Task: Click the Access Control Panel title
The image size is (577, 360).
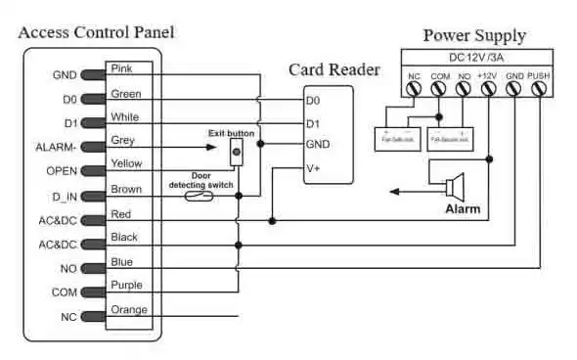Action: point(96,32)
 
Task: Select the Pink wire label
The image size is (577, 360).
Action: point(124,69)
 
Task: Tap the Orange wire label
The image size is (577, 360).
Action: point(129,310)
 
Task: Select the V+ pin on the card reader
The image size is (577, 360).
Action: point(314,167)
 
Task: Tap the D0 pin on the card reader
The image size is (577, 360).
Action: point(313,100)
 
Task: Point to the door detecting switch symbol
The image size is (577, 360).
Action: point(202,196)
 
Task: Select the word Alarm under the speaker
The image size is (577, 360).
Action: point(463,209)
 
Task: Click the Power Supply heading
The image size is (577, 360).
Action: point(473,35)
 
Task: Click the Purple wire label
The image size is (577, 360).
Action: point(129,286)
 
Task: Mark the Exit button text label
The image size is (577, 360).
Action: point(231,133)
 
